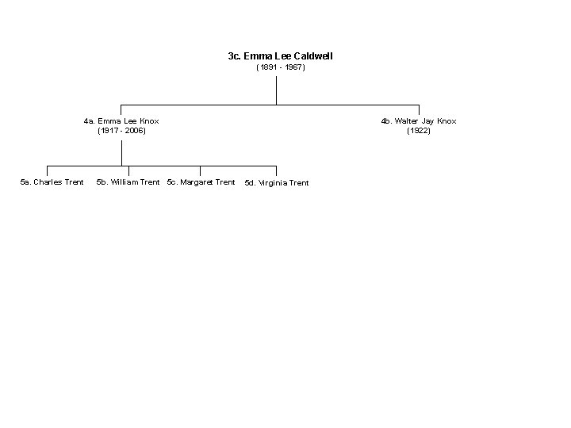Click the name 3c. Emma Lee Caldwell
click(x=280, y=56)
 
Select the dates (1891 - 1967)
click(x=280, y=68)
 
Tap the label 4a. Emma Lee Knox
click(x=121, y=121)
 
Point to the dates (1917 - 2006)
click(x=121, y=131)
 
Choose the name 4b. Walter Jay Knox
click(x=418, y=121)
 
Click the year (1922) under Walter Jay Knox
click(x=418, y=131)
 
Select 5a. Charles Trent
click(x=52, y=182)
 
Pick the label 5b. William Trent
click(x=128, y=182)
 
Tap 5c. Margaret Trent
click(x=201, y=182)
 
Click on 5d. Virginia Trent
click(x=277, y=183)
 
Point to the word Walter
click(x=409, y=121)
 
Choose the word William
click(x=125, y=182)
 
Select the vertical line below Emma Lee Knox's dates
click(x=121, y=151)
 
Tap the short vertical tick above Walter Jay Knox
click(x=419, y=109)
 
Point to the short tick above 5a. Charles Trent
click(x=48, y=170)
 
